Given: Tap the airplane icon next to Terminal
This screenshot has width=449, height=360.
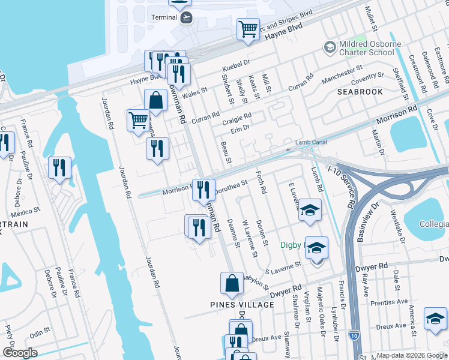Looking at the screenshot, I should click(x=187, y=17).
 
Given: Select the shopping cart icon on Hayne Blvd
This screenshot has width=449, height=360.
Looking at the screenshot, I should click(x=247, y=28).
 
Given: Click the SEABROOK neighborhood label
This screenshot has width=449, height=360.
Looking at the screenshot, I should click(x=360, y=92).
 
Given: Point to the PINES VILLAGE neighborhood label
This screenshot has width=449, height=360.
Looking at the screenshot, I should click(x=242, y=305).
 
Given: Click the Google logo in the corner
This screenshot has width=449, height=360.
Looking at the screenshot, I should click(x=19, y=353).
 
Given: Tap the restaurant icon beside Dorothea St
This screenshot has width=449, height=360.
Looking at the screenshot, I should click(x=203, y=189).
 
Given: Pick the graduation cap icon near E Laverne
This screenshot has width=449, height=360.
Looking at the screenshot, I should click(x=310, y=209).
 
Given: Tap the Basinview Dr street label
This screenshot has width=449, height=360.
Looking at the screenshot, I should click(x=367, y=222).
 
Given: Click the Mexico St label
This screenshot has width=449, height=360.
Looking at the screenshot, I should click(x=25, y=211).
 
